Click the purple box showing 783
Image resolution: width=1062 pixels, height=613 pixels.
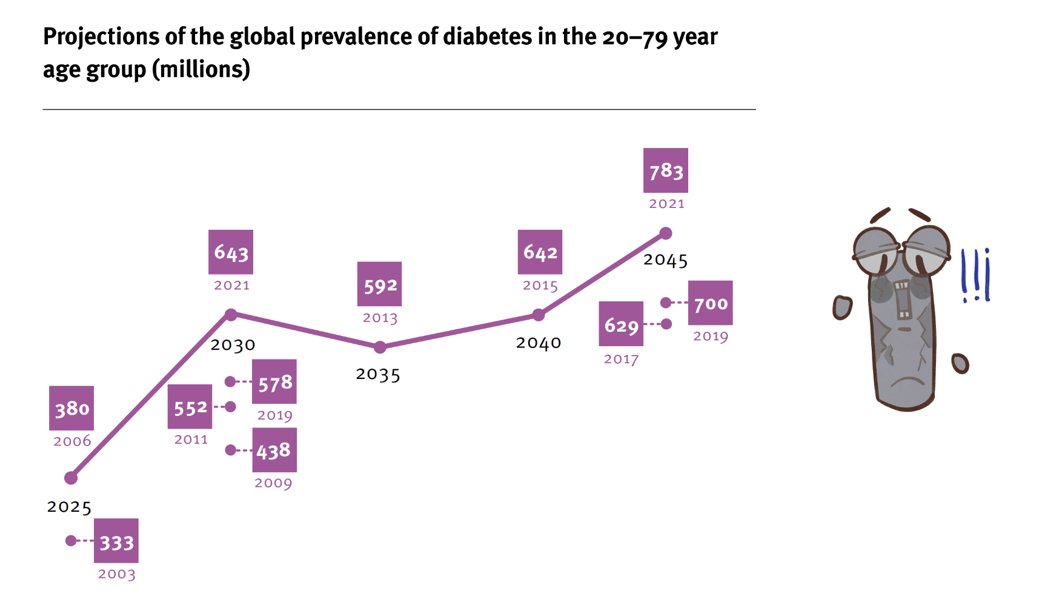[665, 170]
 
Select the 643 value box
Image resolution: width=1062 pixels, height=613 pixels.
[231, 252]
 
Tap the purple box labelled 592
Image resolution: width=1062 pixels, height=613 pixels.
[379, 284]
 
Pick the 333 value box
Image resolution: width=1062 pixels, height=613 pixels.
[116, 541]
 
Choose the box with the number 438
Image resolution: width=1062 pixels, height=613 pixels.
[274, 450]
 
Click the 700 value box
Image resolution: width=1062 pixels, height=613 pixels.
[710, 303]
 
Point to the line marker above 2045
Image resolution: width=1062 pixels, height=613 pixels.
[666, 233]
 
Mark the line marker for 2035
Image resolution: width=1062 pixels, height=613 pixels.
[380, 347]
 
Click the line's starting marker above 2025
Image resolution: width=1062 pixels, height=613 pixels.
[71, 478]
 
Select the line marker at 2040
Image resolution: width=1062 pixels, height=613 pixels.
[539, 315]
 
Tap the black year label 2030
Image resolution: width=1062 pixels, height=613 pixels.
[233, 345]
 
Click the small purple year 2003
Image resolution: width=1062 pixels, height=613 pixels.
[117, 574]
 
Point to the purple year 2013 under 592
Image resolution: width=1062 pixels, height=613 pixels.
[380, 318]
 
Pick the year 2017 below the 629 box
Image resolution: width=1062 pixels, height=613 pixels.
[621, 359]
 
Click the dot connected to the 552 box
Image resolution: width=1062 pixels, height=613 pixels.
[230, 407]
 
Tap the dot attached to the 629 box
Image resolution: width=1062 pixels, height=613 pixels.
[666, 324]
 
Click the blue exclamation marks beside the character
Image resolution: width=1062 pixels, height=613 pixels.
[975, 276]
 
